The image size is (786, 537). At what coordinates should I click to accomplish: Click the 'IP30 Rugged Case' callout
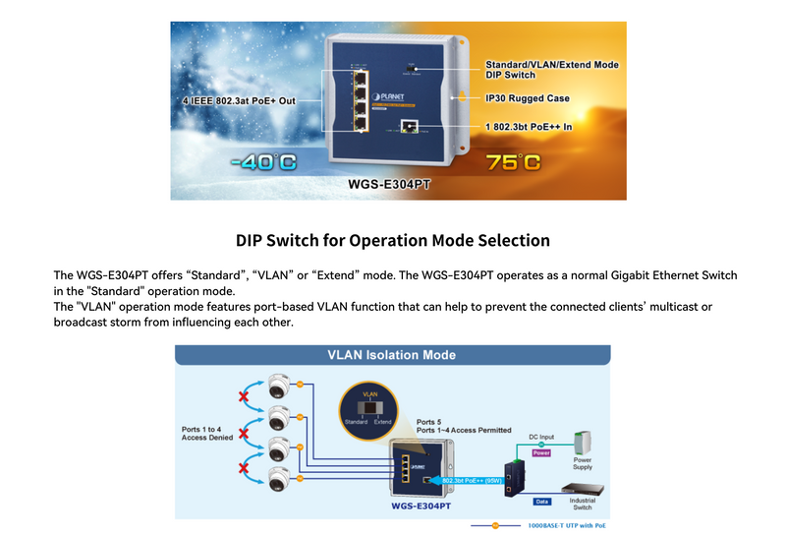click(528, 98)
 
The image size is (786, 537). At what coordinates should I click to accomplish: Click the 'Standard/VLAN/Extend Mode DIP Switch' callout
click(552, 70)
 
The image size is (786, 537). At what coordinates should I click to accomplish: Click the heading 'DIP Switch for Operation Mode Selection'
click(392, 240)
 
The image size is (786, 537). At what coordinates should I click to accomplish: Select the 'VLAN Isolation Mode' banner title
click(392, 355)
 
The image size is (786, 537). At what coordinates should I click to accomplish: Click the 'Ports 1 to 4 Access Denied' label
click(209, 434)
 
